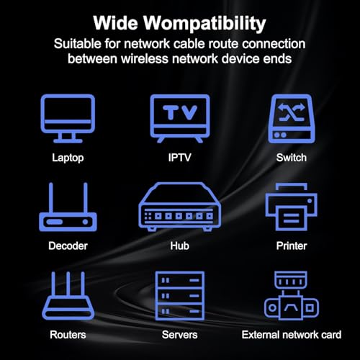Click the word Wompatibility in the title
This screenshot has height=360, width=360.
[x=204, y=24]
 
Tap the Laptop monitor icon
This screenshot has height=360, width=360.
[x=68, y=119]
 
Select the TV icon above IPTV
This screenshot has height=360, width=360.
[x=180, y=119]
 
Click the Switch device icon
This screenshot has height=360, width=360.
[x=292, y=119]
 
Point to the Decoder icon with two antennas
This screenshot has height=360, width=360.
[x=68, y=207]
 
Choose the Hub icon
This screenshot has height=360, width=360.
[x=180, y=207]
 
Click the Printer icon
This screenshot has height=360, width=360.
[x=292, y=207]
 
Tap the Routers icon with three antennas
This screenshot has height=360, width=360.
[x=68, y=296]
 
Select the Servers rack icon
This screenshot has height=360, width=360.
[x=180, y=296]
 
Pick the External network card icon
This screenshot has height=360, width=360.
[x=292, y=296]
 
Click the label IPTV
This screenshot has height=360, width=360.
[x=180, y=158]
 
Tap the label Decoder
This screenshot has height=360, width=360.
[x=68, y=246]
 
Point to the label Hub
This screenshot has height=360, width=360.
[x=180, y=246]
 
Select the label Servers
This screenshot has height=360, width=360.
[x=180, y=335]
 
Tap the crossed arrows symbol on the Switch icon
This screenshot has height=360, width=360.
[x=292, y=112]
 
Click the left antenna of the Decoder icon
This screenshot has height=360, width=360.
[x=51, y=197]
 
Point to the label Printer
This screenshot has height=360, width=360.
[x=292, y=246]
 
